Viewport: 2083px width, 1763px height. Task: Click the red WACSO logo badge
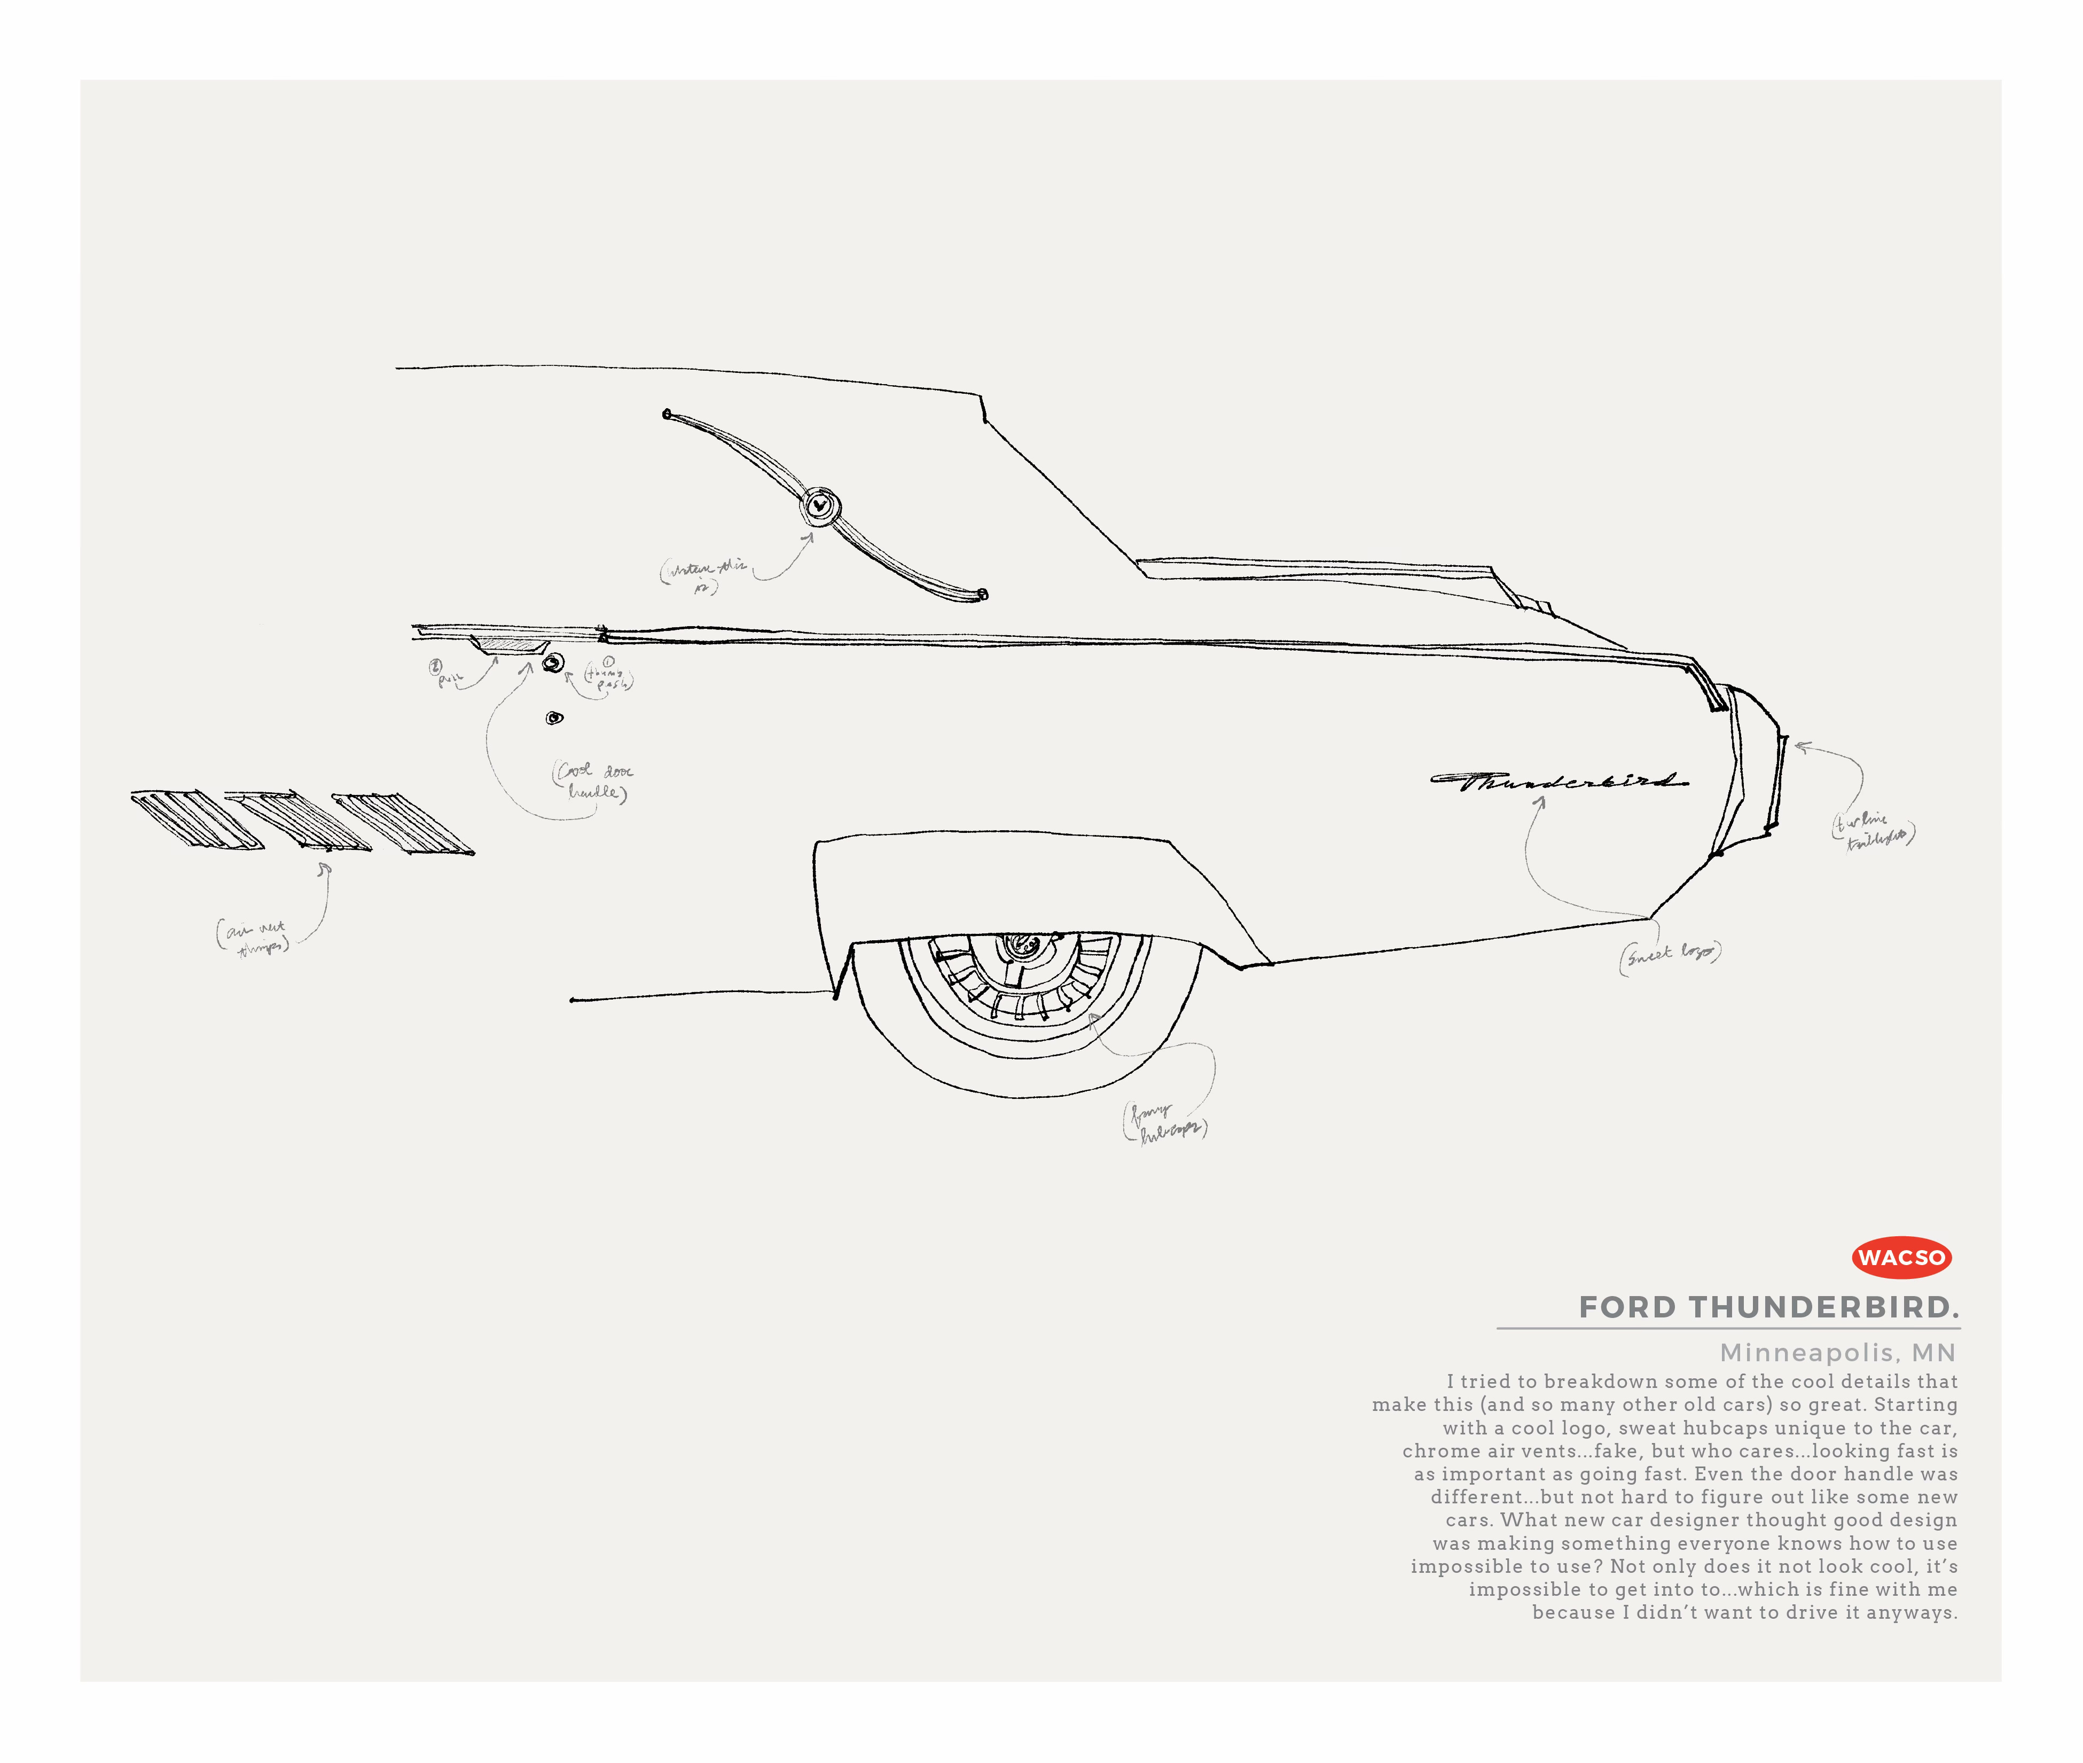click(1901, 1257)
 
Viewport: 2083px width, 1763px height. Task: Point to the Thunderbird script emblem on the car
click(1559, 781)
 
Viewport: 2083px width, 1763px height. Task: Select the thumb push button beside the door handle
click(552, 662)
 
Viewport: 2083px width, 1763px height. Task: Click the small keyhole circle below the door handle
click(554, 717)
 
